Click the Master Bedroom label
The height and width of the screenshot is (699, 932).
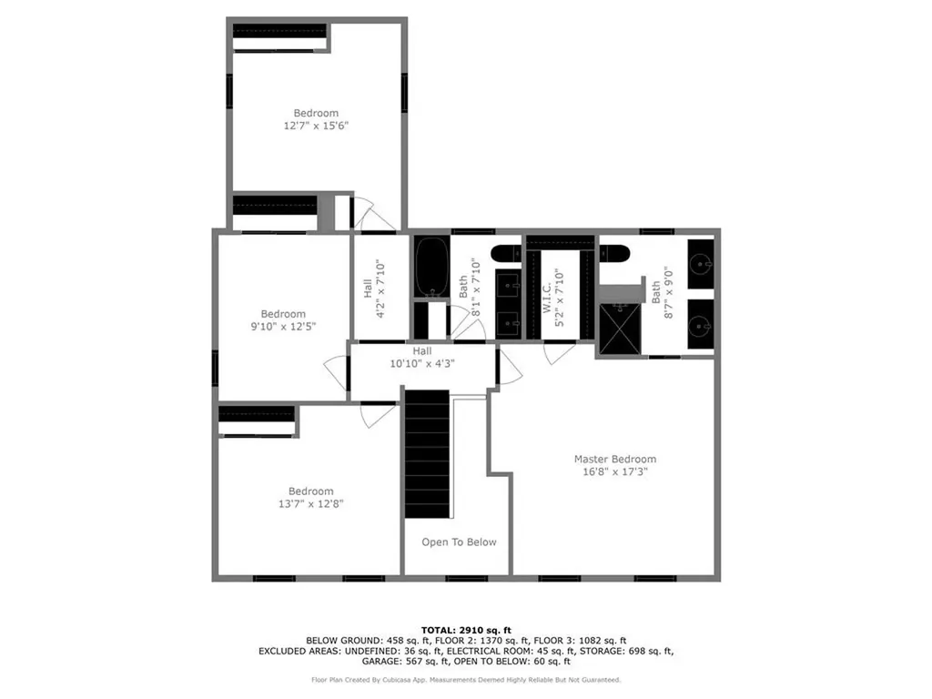pyautogui.click(x=614, y=460)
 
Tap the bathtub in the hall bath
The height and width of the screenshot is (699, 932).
pyautogui.click(x=431, y=267)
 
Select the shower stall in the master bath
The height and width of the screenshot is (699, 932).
pyautogui.click(x=619, y=329)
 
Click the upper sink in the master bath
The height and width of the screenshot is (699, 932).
pyautogui.click(x=700, y=264)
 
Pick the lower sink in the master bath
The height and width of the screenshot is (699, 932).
pyautogui.click(x=700, y=324)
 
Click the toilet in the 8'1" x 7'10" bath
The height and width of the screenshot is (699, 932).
pyautogui.click(x=505, y=253)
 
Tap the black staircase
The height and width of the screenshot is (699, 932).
pyautogui.click(x=427, y=452)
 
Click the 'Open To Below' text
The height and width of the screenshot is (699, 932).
pyautogui.click(x=459, y=542)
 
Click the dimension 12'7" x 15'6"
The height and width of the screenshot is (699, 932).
pyautogui.click(x=316, y=127)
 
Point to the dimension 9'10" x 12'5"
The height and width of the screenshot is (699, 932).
pyautogui.click(x=283, y=327)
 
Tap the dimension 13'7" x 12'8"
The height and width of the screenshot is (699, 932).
pyautogui.click(x=310, y=503)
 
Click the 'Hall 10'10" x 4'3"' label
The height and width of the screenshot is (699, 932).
pyautogui.click(x=421, y=357)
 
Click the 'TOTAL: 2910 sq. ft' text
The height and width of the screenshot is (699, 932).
pyautogui.click(x=466, y=630)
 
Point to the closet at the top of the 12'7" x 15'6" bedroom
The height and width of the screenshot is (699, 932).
pyautogui.click(x=279, y=35)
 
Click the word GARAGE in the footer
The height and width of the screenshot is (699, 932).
pyautogui.click(x=329, y=663)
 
